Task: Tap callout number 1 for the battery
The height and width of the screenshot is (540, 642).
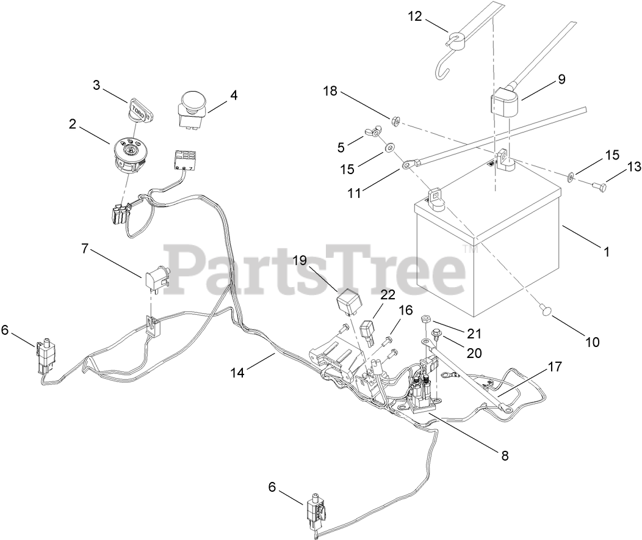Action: pyautogui.click(x=606, y=251)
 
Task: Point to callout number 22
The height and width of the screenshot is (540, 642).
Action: pyautogui.click(x=388, y=294)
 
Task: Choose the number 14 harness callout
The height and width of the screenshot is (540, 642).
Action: pyautogui.click(x=238, y=372)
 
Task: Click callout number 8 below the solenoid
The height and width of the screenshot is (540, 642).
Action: pyautogui.click(x=504, y=455)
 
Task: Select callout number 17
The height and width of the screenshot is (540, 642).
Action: pyautogui.click(x=554, y=367)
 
